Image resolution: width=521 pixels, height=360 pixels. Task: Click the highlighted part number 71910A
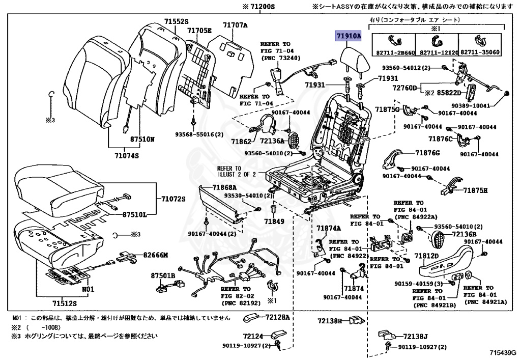tap(348, 36)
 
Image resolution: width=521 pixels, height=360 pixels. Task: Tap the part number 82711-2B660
tap(394, 52)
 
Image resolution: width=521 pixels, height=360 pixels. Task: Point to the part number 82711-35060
tap(480, 52)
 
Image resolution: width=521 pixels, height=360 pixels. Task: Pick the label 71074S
tap(127, 156)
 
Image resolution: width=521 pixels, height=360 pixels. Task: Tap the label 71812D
tap(426, 256)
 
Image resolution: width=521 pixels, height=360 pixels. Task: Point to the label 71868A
tap(224, 187)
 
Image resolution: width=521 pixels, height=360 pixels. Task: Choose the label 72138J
tap(417, 337)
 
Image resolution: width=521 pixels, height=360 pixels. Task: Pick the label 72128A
tap(277, 318)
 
